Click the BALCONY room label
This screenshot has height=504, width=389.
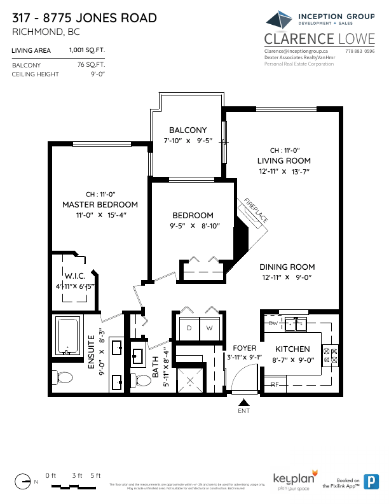[188, 130]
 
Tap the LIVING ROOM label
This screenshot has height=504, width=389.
[284, 160]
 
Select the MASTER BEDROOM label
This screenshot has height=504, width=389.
[100, 204]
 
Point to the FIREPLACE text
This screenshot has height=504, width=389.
[256, 210]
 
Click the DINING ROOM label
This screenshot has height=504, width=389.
[287, 267]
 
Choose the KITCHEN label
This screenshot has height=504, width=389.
[292, 349]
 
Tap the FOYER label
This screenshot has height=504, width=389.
[245, 348]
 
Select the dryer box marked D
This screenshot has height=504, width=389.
[189, 328]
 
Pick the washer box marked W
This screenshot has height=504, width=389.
[208, 328]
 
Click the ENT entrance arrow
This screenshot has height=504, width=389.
[243, 402]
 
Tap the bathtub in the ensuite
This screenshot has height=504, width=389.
[67, 336]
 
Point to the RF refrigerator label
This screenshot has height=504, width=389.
[275, 384]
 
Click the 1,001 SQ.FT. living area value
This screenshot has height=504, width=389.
[86, 50]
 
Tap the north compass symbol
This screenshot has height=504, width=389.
[24, 482]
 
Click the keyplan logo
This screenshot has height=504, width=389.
[291, 479]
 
